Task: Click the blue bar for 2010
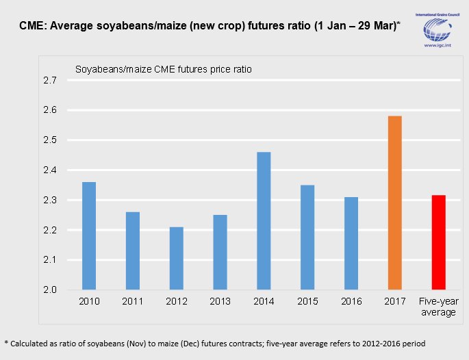(89, 236)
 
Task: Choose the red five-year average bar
(439, 243)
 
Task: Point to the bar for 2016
(351, 244)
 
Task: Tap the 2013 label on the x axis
(220, 302)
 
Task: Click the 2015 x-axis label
(307, 302)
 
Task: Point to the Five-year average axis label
(439, 307)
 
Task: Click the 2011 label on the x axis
(132, 302)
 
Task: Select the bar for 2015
(307, 237)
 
